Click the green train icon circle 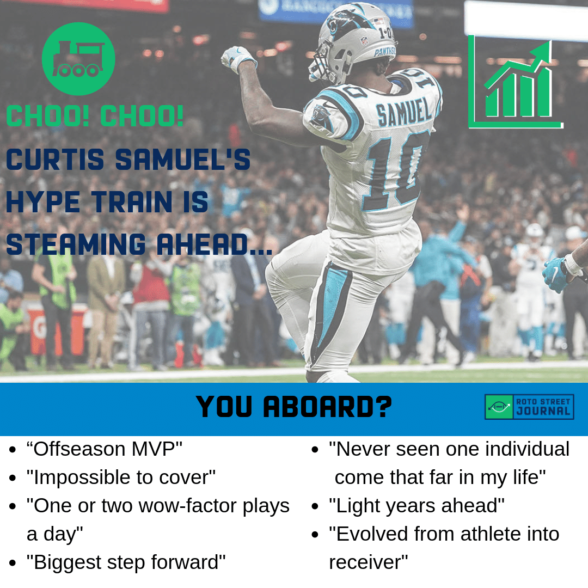pyautogui.click(x=78, y=58)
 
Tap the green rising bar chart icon pyautogui.click(x=516, y=83)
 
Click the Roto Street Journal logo pyautogui.click(x=529, y=407)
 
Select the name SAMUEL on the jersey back pyautogui.click(x=404, y=111)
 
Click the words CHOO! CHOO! pyautogui.click(x=95, y=116)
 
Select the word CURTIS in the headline pyautogui.click(x=55, y=160)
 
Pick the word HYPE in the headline pyautogui.click(x=43, y=202)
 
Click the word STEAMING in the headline pyautogui.click(x=76, y=244)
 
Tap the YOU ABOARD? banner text pyautogui.click(x=293, y=407)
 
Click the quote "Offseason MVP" pyautogui.click(x=104, y=449)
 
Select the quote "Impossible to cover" pyautogui.click(x=121, y=477)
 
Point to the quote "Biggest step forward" pyautogui.click(x=126, y=562)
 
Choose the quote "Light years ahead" pyautogui.click(x=416, y=505)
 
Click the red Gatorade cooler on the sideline pyautogui.click(x=56, y=330)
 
